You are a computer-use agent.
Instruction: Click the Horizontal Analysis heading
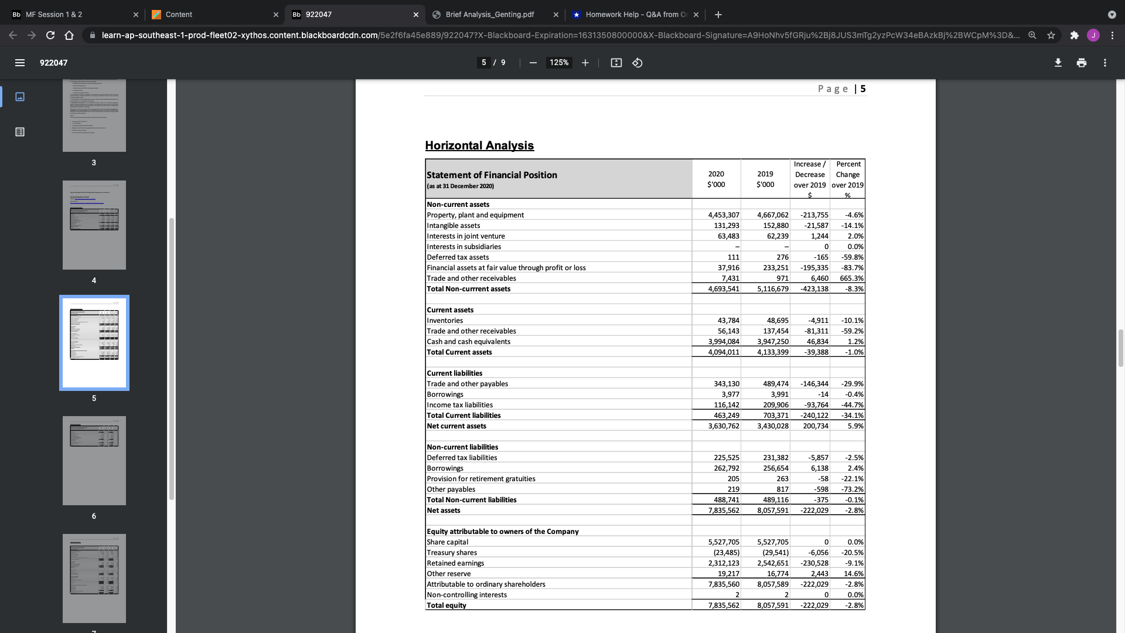pos(479,145)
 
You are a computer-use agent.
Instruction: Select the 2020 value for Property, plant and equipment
pos(724,215)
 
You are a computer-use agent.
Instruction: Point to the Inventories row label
pos(445,321)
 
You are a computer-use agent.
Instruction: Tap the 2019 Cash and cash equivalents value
pos(773,342)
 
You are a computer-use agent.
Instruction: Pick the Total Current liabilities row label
pos(463,416)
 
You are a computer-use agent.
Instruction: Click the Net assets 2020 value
pos(724,511)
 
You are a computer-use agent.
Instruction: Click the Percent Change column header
pos(848,175)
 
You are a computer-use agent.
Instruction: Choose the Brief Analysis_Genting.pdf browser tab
pos(490,15)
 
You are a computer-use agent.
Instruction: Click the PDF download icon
pos(1058,63)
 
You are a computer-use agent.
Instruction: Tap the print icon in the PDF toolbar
pos(1082,63)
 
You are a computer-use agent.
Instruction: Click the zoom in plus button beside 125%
pos(585,63)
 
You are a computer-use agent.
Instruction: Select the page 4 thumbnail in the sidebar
pos(94,225)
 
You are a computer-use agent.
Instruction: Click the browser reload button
pos(50,35)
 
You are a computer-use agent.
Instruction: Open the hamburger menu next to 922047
pos(20,63)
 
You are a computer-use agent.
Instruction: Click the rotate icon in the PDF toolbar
pos(637,63)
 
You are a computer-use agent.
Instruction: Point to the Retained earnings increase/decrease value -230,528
pos(814,563)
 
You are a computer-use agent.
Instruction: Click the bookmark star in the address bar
pos(1051,35)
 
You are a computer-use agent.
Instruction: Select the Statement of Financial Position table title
pos(492,175)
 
